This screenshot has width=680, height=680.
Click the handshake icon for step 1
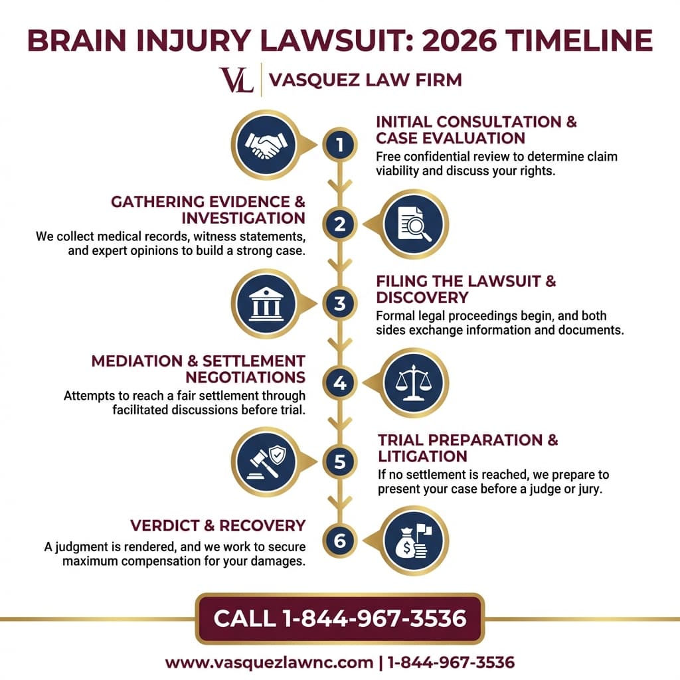266,144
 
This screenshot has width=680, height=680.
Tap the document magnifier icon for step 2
414,224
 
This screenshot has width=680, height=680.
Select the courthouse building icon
266,303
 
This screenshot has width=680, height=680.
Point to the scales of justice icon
414,382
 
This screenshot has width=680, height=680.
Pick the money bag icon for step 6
414,541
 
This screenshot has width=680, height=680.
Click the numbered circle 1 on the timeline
339,145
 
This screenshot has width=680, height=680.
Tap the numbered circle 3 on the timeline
339,303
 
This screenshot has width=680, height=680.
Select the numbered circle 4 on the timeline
339,382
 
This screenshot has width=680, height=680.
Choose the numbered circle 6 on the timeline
339,541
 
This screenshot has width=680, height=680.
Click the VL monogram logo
236,80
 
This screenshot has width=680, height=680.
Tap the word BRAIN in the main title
76,41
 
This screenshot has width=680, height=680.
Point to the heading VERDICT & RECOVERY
218,526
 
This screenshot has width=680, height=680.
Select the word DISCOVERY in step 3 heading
422,297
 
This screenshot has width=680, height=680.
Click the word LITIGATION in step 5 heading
422,456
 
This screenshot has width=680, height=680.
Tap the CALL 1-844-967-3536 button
340,618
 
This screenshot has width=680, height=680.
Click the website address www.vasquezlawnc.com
269,663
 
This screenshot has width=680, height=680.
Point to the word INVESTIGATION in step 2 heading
243,218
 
